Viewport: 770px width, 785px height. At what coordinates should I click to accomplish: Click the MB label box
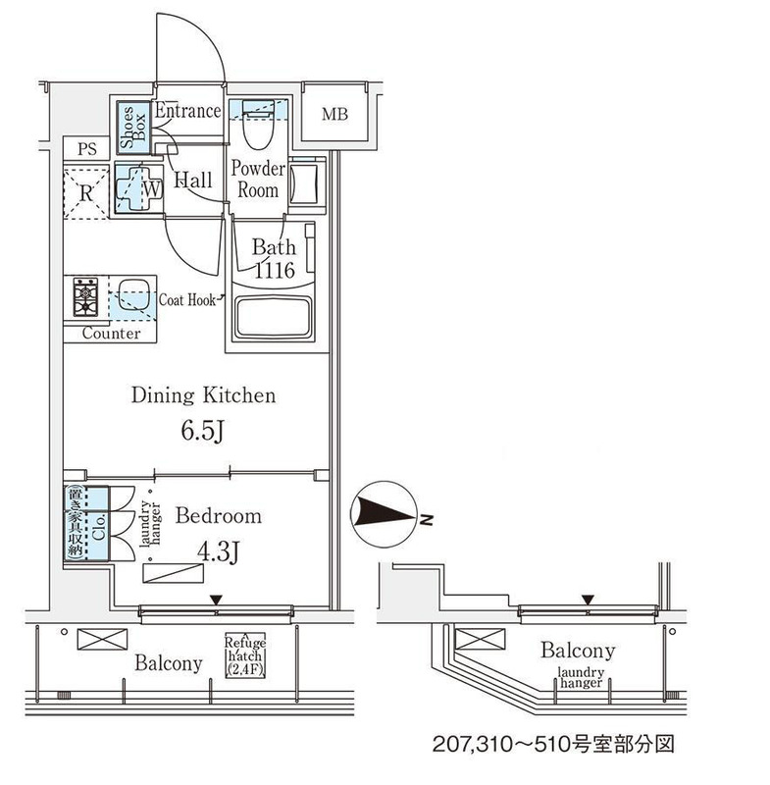click(x=335, y=115)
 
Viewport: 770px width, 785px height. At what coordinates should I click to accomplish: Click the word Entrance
click(x=187, y=111)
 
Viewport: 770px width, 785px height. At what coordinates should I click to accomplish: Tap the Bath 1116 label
click(x=274, y=259)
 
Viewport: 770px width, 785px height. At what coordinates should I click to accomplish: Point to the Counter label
click(x=111, y=334)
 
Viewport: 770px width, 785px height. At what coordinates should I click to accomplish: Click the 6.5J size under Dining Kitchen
click(x=202, y=432)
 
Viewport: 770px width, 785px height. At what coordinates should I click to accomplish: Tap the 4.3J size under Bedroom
click(x=218, y=552)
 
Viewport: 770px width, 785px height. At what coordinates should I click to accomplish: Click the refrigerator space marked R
click(x=87, y=191)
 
